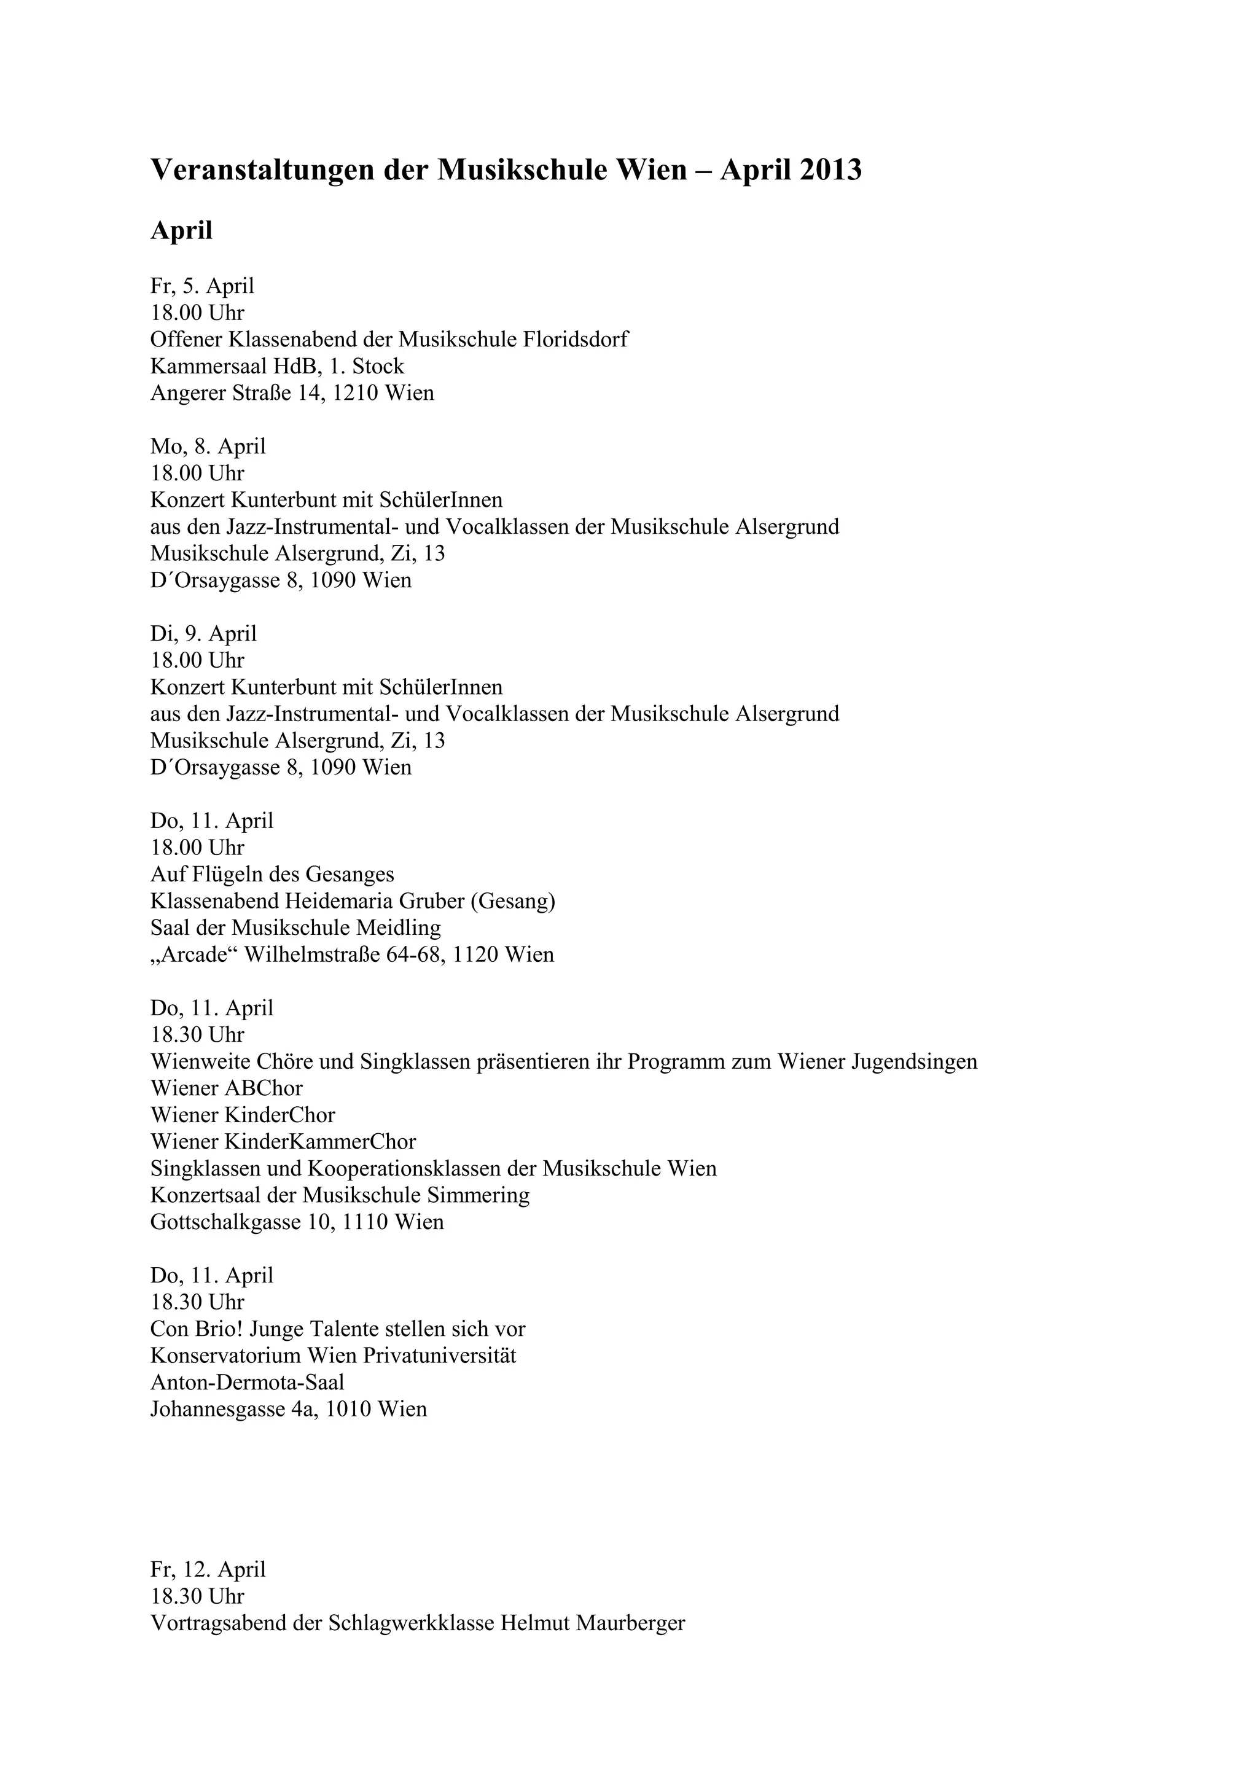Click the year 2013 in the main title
829,170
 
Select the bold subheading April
181,230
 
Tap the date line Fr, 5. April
202,286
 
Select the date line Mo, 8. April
208,447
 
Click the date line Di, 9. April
203,633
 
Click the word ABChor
264,1088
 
